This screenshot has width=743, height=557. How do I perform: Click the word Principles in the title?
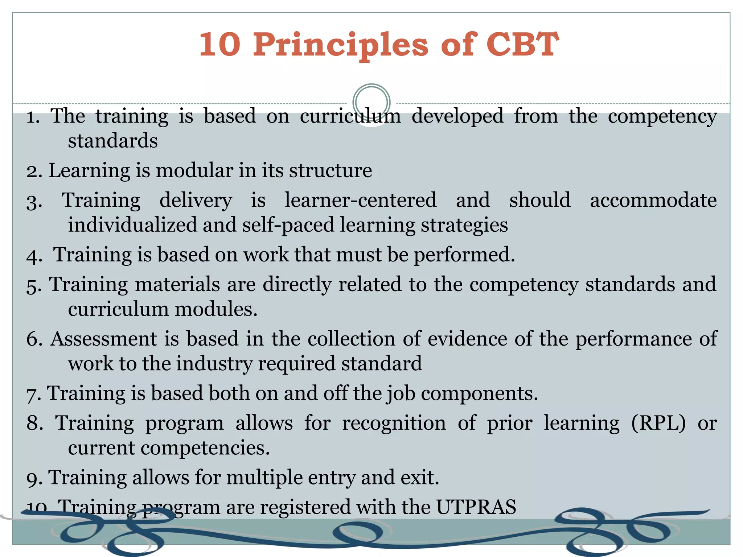pyautogui.click(x=341, y=45)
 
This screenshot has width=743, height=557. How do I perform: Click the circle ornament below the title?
pyautogui.click(x=371, y=103)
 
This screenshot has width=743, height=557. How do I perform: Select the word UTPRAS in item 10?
pyautogui.click(x=476, y=507)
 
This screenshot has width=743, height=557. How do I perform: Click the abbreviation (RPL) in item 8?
pyautogui.click(x=658, y=423)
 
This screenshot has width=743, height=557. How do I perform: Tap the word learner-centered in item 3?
pyautogui.click(x=360, y=200)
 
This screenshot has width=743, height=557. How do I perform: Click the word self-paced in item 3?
pyautogui.click(x=288, y=225)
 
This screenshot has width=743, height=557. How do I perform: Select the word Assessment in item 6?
pyautogui.click(x=104, y=339)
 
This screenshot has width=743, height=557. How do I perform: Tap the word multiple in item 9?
pyautogui.click(x=264, y=478)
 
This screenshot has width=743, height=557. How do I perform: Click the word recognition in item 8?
pyautogui.click(x=394, y=423)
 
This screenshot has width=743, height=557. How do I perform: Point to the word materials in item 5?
pyautogui.click(x=177, y=284)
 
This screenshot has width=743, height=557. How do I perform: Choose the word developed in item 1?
pyautogui.click(x=457, y=116)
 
